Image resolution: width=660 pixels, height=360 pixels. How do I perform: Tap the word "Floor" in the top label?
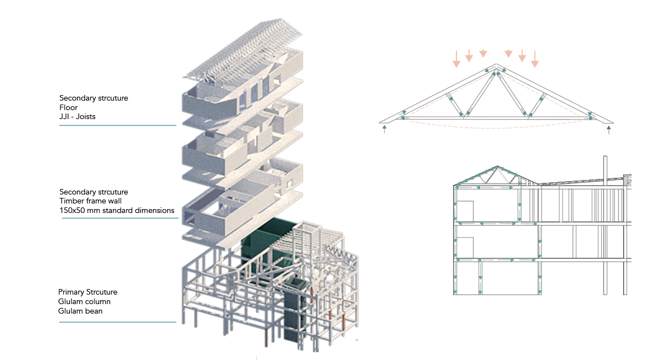[x=68, y=107]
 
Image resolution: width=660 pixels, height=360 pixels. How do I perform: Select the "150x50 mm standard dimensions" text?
[x=117, y=210]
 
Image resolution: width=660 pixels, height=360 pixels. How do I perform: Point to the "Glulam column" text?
[x=84, y=302]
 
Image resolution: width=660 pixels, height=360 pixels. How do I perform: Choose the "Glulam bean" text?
[x=81, y=311]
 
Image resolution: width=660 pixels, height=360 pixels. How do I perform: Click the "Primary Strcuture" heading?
[x=88, y=292]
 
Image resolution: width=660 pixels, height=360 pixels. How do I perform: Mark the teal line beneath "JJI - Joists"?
[x=117, y=125]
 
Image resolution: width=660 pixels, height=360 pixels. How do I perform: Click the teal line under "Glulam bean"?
[x=117, y=322]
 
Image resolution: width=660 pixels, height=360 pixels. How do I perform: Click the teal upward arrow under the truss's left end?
[x=385, y=129]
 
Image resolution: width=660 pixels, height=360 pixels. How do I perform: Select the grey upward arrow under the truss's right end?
[x=609, y=130]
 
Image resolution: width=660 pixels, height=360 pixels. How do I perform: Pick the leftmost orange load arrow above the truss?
[x=456, y=59]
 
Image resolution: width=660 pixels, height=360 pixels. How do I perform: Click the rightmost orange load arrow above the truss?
[x=535, y=59]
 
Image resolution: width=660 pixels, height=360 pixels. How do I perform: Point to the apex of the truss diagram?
[x=496, y=68]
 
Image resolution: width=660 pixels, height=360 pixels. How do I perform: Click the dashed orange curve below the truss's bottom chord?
[x=496, y=128]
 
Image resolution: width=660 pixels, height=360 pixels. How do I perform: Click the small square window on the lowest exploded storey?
[x=289, y=183]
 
